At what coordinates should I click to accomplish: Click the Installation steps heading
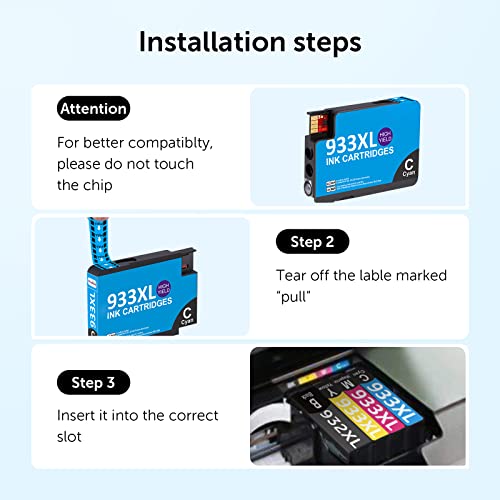point(250,42)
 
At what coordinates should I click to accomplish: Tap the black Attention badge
point(93,108)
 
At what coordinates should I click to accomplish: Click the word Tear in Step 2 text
point(292,274)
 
